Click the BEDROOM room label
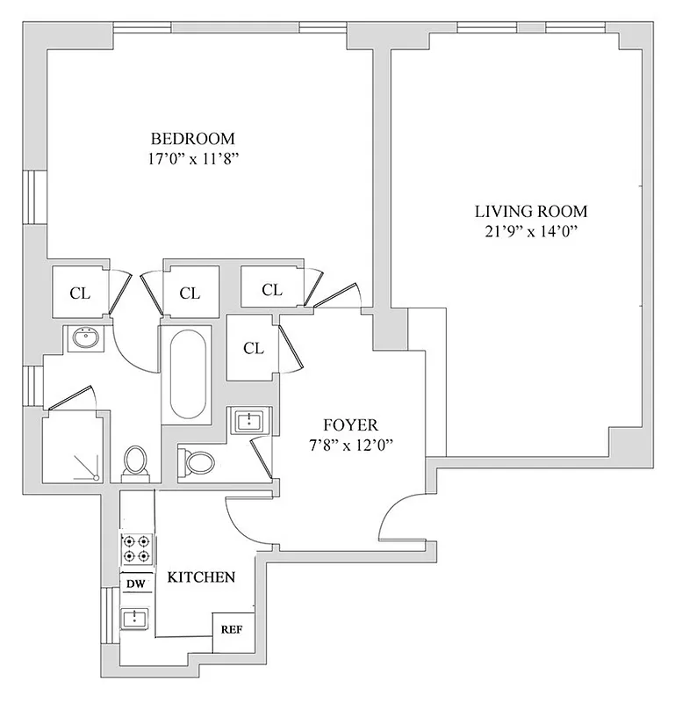[x=193, y=139]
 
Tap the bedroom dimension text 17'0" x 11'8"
[x=193, y=160]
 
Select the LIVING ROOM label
[x=530, y=211]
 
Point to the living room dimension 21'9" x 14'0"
[x=530, y=232]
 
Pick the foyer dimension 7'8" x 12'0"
[x=348, y=446]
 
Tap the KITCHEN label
[x=201, y=577]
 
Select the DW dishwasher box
[x=135, y=583]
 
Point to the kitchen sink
[x=135, y=619]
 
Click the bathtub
[x=185, y=373]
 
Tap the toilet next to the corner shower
[x=135, y=461]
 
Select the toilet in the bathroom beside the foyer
[x=197, y=462]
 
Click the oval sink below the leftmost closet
[x=85, y=338]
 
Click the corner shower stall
[x=73, y=448]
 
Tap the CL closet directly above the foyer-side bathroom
[x=253, y=348]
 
